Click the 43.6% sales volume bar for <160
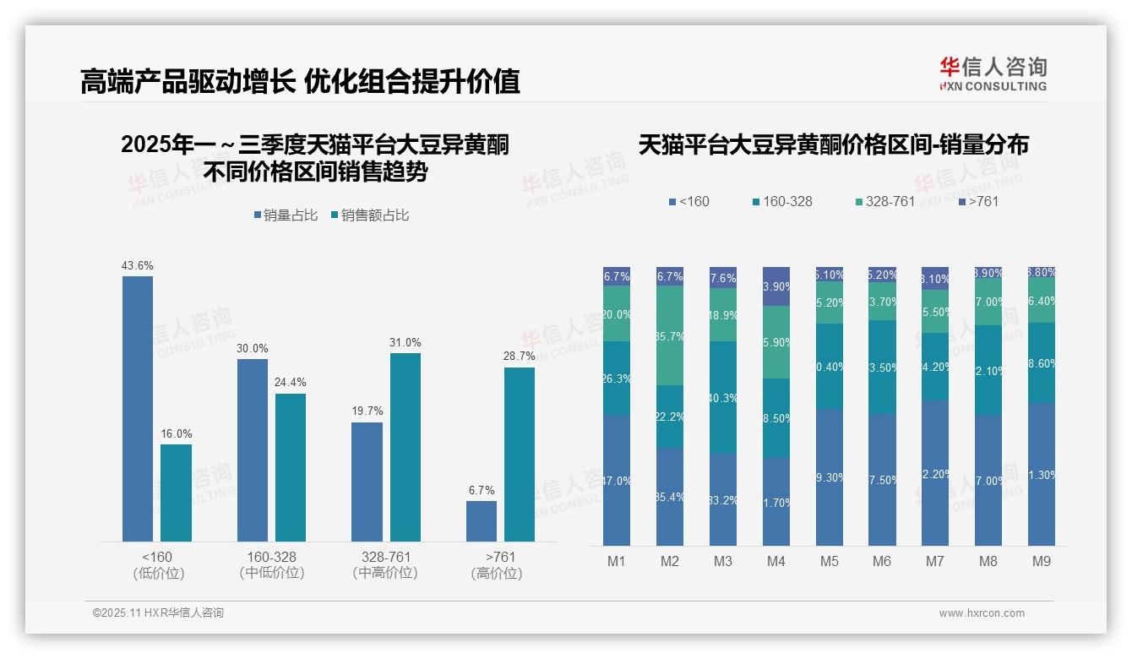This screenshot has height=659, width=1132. pos(138,408)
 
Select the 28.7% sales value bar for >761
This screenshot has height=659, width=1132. pos(520,455)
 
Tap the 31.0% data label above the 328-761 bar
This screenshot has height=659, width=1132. pos(405,343)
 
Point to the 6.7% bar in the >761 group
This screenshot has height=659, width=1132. pos(482,520)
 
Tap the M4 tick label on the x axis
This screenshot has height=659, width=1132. pos(776,562)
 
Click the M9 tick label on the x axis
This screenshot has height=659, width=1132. pos(1042,562)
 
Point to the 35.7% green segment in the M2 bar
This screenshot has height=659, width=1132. pos(670,335)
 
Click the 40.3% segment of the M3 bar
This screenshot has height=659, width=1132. pos(723,397)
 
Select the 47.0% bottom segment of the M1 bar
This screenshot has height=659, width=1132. pos(617,480)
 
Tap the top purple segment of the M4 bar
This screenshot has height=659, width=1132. pos(776,286)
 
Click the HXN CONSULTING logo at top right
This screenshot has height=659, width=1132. pos(993,74)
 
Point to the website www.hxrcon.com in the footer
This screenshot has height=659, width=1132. pos(982,613)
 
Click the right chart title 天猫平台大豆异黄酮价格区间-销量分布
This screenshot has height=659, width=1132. pos(833,144)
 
